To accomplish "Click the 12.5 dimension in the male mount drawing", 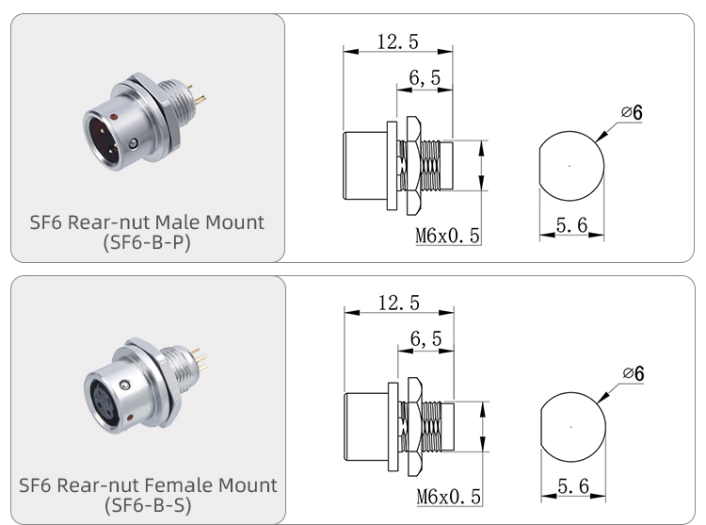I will pos(397,41).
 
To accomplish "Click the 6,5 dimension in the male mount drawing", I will pos(425,80).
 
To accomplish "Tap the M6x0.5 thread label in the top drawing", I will pos(448,236).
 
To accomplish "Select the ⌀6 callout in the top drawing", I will pos(632,114).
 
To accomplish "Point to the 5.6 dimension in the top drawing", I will pos(572,224).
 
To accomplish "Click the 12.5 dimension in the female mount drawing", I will pos(397,303).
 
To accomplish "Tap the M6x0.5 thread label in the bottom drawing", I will pos(448,497).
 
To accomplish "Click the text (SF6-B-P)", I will pos(147,243).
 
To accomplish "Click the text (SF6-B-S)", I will pos(147,505).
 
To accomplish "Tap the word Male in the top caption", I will pos(184,222).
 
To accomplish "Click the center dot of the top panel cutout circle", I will pos(570,166).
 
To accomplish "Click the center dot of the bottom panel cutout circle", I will pos(570,427).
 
